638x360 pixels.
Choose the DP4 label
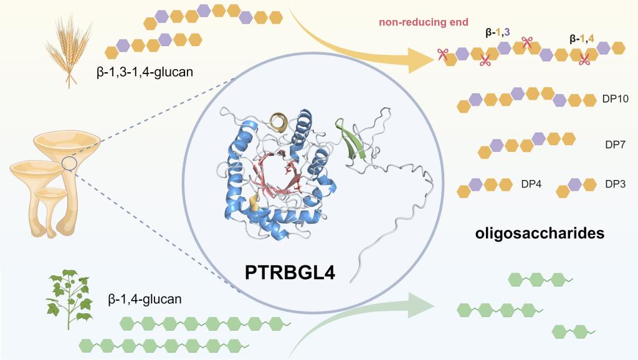pos(531,184)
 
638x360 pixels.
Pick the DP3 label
pos(616,184)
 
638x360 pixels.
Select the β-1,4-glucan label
pos(145,299)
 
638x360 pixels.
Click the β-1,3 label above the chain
pos(498,32)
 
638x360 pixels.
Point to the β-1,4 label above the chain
pos(582,38)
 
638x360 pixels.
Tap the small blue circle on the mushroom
pos(70,163)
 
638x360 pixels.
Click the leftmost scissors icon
pos(443,55)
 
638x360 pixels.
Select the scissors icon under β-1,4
pos(584,59)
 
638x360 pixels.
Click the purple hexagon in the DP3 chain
pos(574,184)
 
